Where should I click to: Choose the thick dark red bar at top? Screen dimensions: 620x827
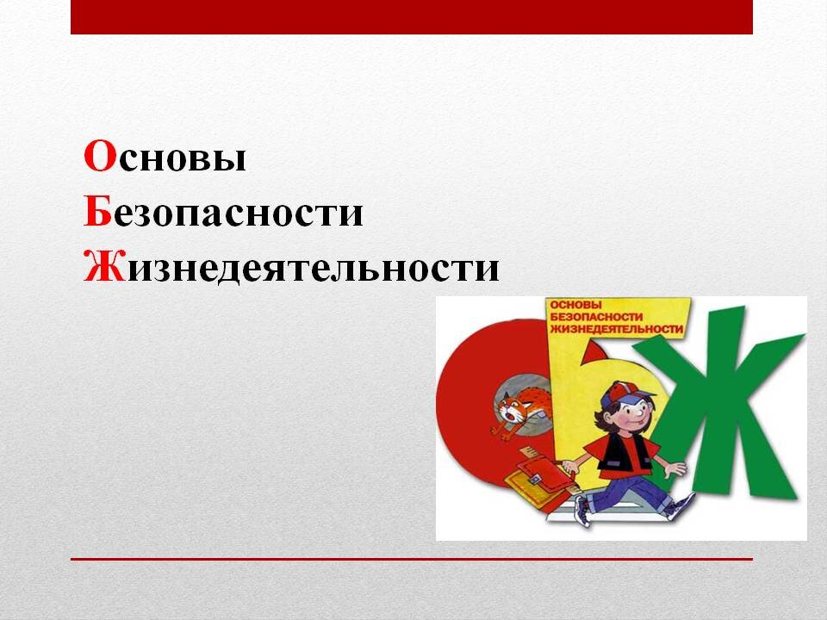tap(412, 17)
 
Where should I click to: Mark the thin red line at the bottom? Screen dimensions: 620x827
tap(412, 559)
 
